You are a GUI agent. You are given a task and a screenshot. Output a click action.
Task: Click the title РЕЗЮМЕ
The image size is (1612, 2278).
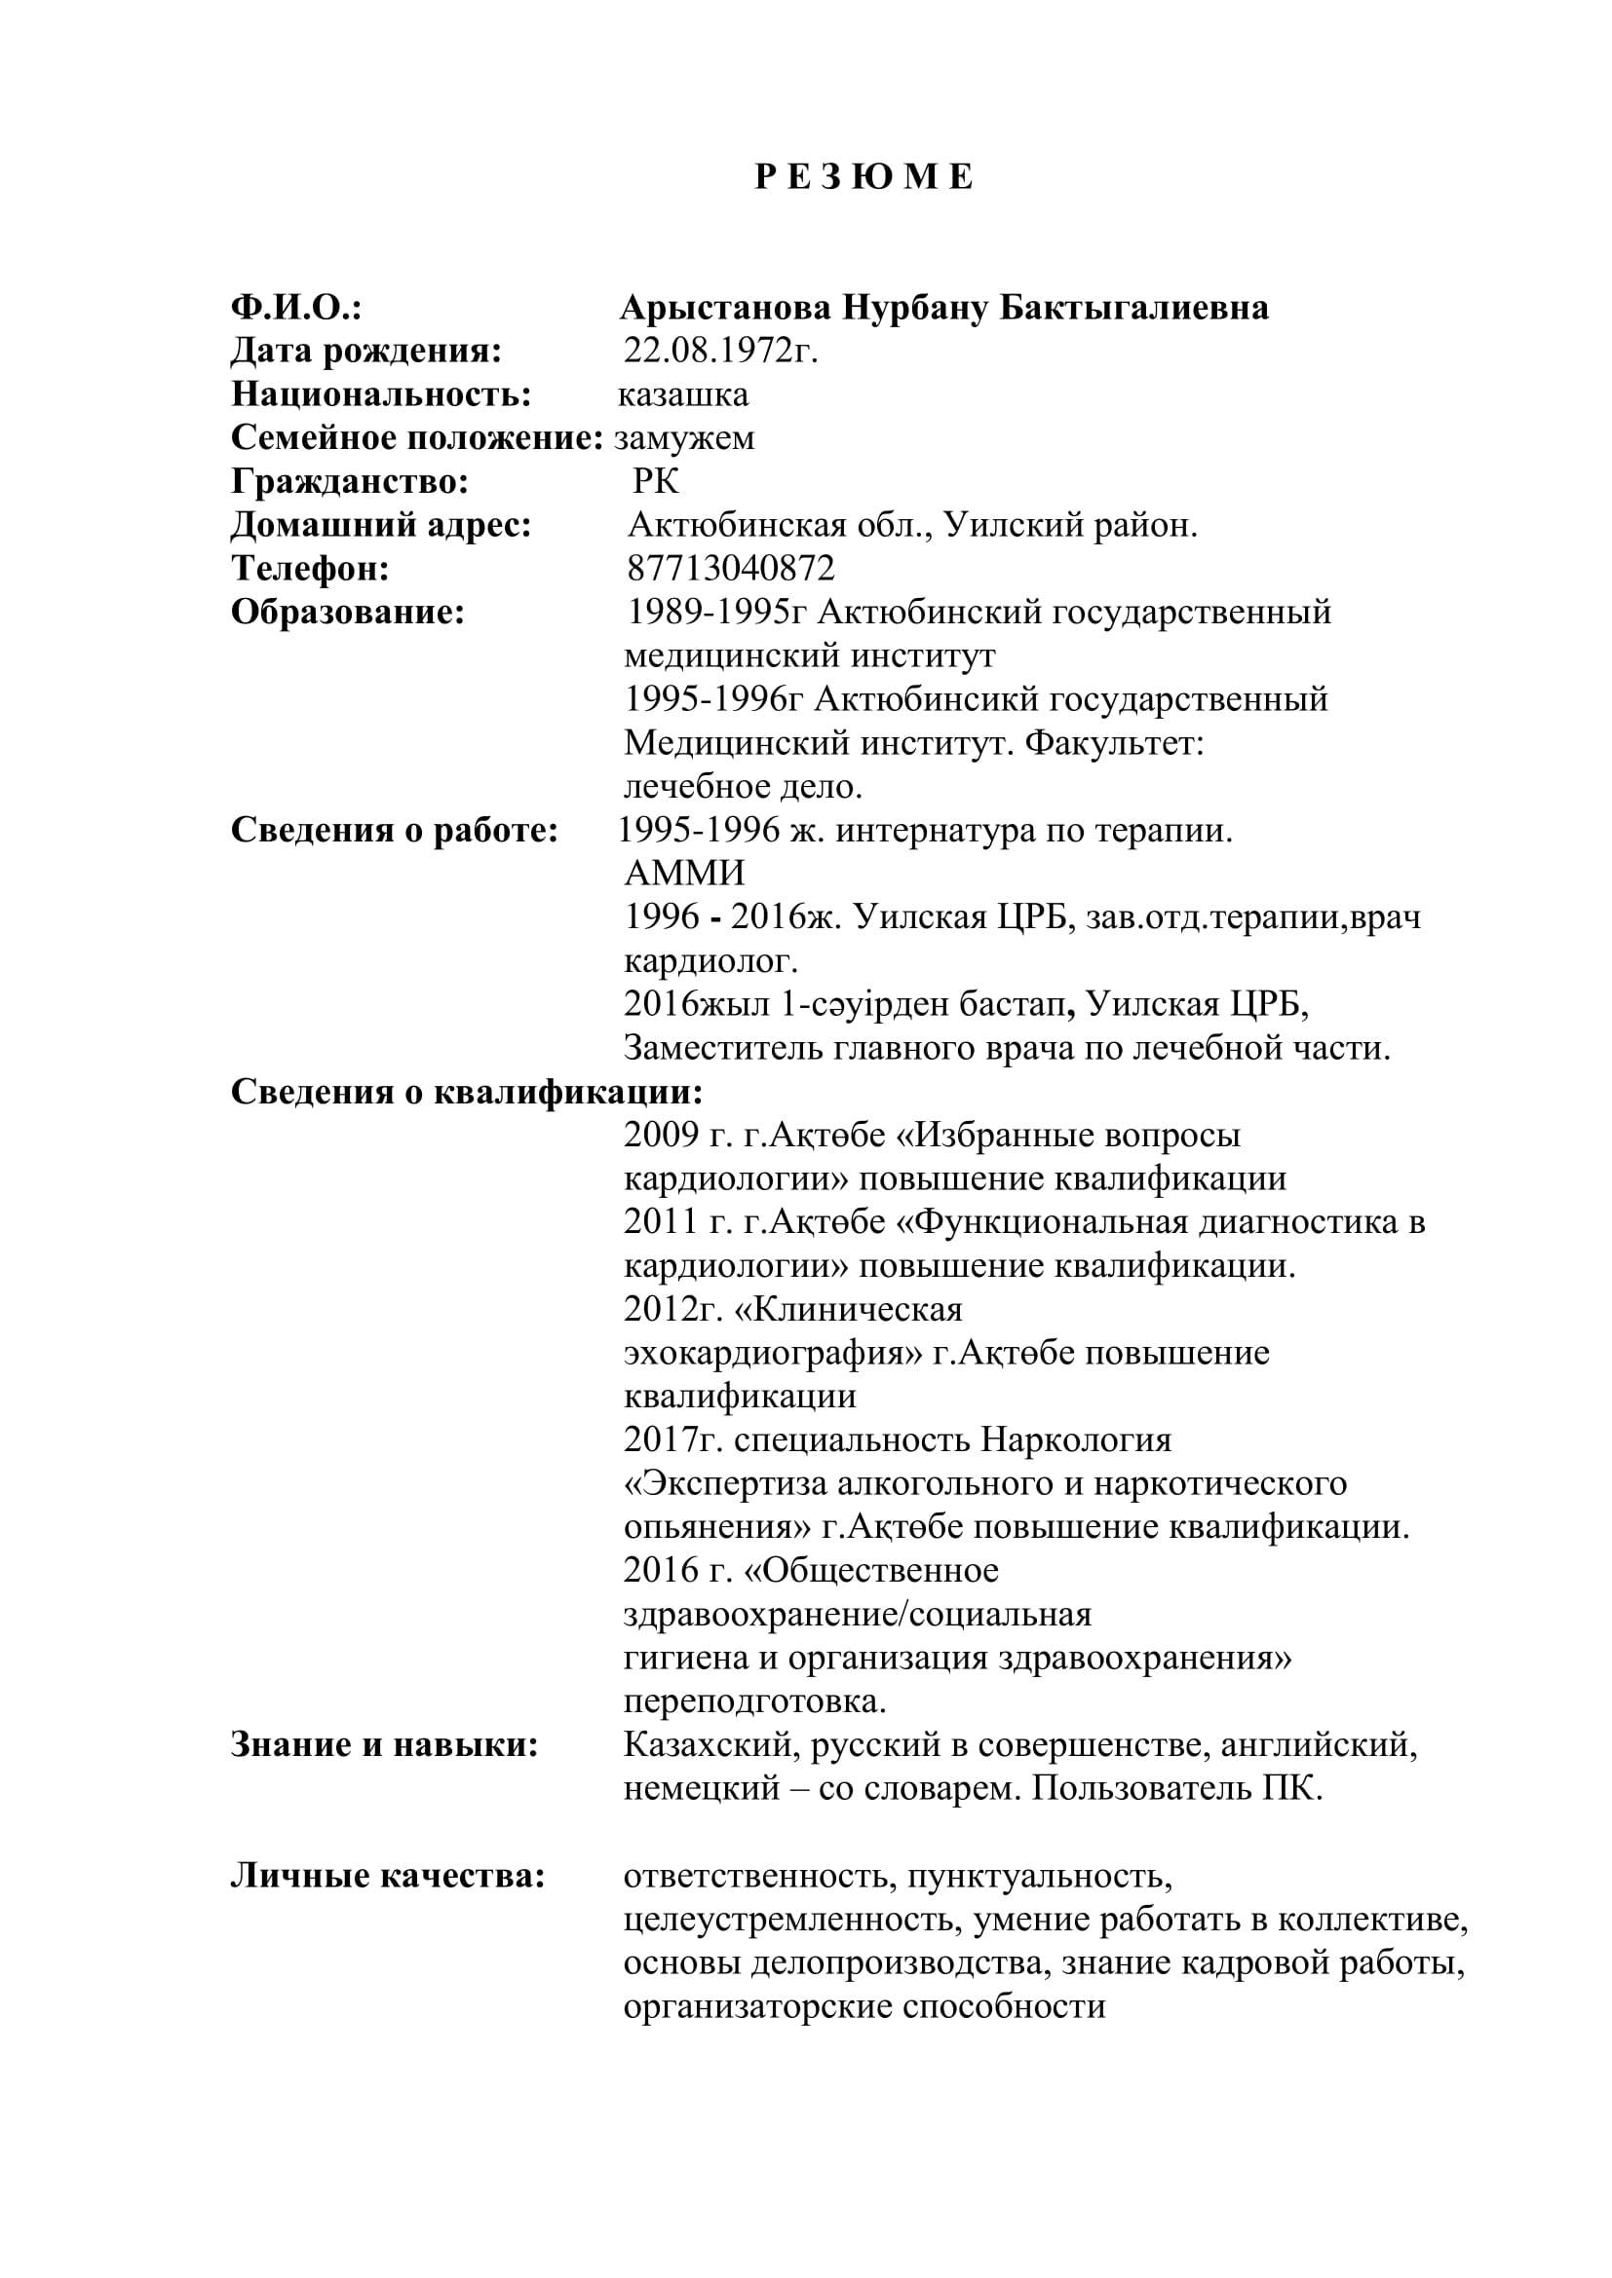pos(864,177)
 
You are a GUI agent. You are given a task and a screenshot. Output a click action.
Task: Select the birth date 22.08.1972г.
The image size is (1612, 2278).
pos(720,352)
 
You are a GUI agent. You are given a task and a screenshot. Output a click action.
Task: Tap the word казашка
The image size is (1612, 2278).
pos(683,394)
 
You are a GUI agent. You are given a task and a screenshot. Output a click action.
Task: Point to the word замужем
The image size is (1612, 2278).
pos(684,438)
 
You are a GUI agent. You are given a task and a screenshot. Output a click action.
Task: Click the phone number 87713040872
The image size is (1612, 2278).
pos(731,569)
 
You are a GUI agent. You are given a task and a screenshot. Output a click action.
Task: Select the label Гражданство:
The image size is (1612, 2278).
pos(350,482)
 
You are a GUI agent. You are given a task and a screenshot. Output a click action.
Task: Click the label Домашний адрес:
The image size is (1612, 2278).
pos(381,525)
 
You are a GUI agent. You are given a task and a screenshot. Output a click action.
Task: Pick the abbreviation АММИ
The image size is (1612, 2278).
pos(684,873)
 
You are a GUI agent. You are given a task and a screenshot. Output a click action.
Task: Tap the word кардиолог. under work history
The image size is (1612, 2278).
pos(710,960)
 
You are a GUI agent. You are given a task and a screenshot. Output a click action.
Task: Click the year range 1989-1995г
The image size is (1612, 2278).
pos(716,613)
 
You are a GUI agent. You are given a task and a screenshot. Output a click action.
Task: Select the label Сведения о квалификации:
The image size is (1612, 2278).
pos(467,1092)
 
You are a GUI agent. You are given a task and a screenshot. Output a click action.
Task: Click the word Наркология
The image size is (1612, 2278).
pos(1076,1438)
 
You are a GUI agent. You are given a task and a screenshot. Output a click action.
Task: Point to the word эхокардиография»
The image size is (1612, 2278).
pos(772,1353)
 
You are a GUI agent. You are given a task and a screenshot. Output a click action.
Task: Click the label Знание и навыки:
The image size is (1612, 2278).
pos(384,1744)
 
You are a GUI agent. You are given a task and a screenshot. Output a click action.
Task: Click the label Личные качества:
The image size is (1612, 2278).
pos(388,1875)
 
